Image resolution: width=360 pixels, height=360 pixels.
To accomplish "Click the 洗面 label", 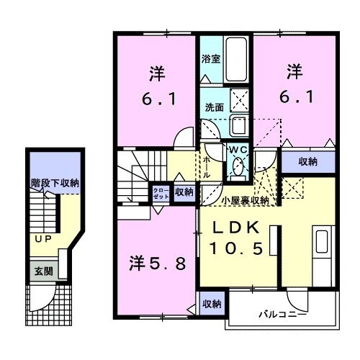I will click(214, 106).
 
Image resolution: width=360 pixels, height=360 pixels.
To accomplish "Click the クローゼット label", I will click(159, 193).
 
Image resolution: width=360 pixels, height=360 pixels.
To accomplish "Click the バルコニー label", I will click(282, 315).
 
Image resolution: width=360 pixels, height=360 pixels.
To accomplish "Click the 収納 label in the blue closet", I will click(307, 162).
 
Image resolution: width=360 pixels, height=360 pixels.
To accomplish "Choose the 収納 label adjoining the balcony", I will click(210, 302).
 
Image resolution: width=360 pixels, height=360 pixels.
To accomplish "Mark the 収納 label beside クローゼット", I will click(184, 192).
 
